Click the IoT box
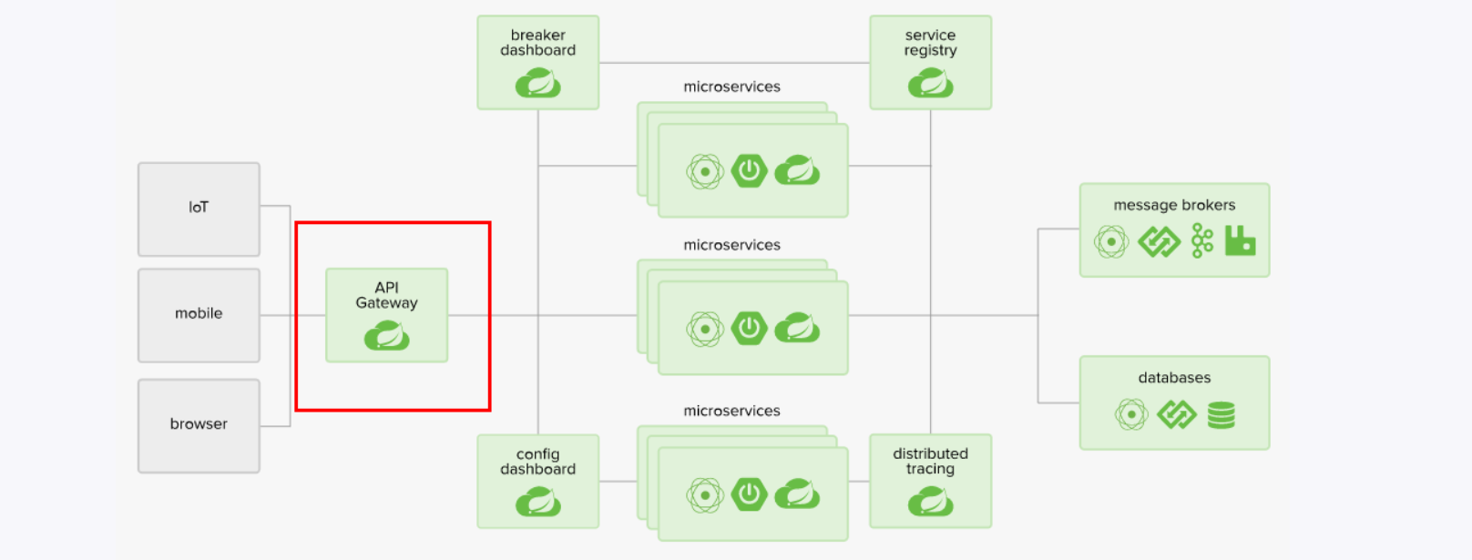tap(199, 209)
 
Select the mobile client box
tap(199, 314)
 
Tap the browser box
tap(199, 424)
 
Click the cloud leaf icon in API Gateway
tap(387, 336)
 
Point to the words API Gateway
tap(387, 295)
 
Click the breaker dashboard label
tap(537, 43)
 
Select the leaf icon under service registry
tap(930, 84)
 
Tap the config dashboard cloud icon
tap(537, 502)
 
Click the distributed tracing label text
tap(930, 461)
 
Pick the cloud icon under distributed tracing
tap(930, 502)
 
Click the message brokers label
tap(1174, 205)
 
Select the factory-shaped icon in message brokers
tap(1240, 241)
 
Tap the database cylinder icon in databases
tap(1222, 415)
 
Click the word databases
tap(1174, 378)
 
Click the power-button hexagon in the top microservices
tap(750, 170)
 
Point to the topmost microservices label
tap(731, 87)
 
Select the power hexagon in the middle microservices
tap(750, 328)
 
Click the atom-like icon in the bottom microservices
tap(705, 494)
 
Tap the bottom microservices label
tap(731, 411)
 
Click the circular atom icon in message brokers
tap(1111, 242)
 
